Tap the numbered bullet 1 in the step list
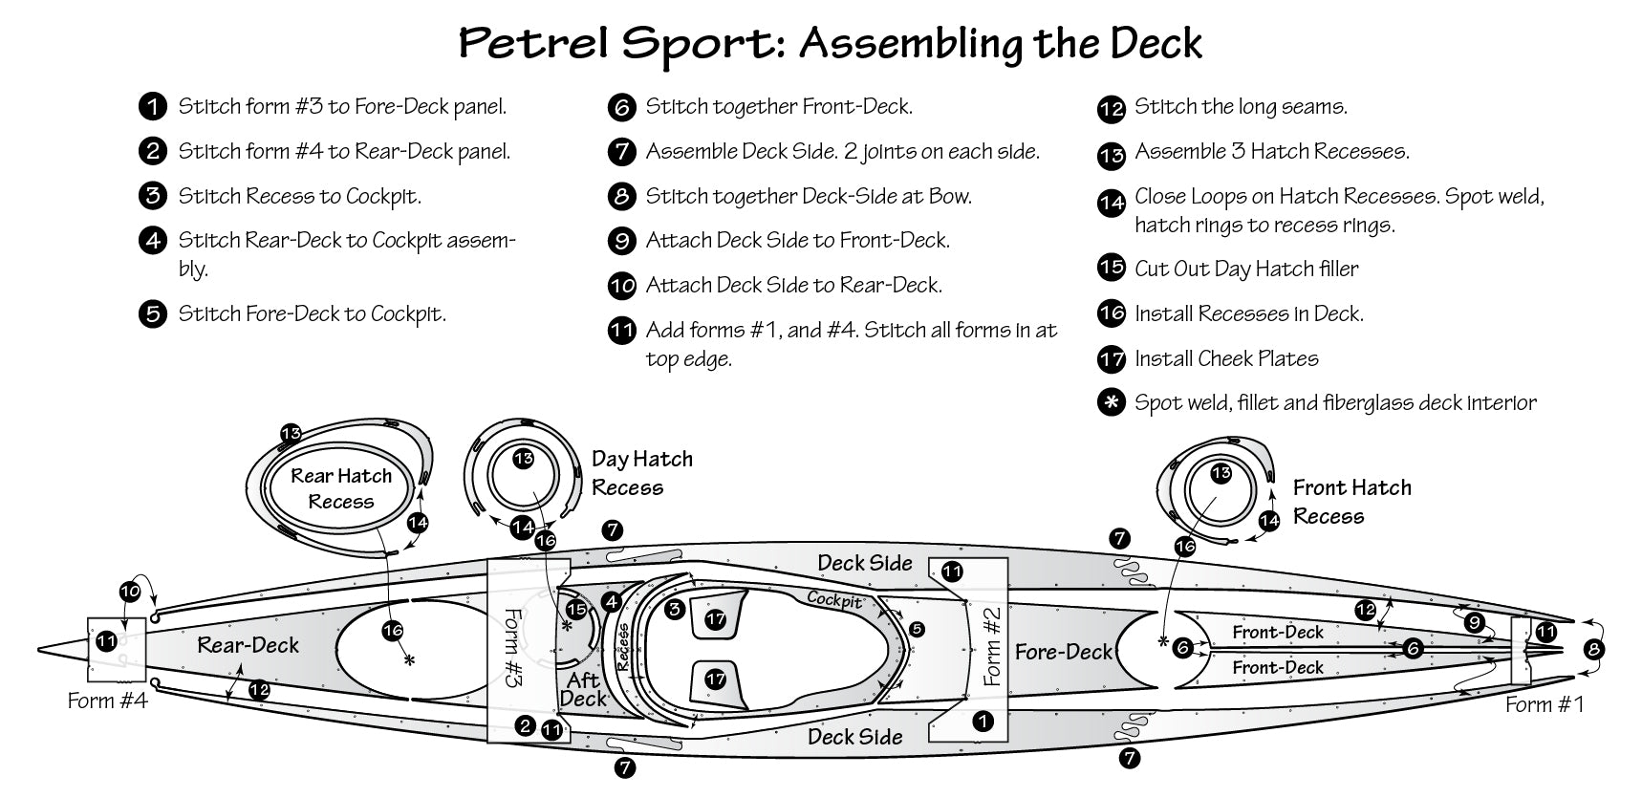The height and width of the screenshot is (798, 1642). coord(152,106)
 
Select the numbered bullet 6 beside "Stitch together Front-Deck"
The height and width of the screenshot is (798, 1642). coord(621,107)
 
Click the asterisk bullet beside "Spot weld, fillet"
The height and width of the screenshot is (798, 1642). coord(1111,403)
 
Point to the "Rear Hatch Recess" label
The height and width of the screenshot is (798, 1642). coord(341,488)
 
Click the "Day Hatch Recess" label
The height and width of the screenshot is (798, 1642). coord(641,473)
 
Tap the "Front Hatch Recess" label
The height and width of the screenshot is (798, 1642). coord(1351,502)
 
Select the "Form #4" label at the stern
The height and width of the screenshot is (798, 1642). coord(107,701)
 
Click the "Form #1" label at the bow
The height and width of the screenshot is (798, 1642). coord(1545,704)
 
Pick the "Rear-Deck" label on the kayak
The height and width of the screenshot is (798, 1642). coord(248,645)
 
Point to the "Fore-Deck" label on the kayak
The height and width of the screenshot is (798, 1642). coord(1063,652)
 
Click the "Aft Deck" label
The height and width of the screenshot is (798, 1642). coord(583,688)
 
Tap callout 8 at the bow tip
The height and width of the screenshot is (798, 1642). coord(1593,650)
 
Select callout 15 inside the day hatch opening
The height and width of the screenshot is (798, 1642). coord(575,609)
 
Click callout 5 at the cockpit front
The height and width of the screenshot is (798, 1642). coord(917,629)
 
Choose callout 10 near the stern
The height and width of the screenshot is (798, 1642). coord(130,592)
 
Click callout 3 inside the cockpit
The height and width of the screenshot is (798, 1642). coord(675,609)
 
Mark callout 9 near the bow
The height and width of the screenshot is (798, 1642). coord(1474,623)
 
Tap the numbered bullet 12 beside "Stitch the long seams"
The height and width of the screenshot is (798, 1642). coord(1111,109)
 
